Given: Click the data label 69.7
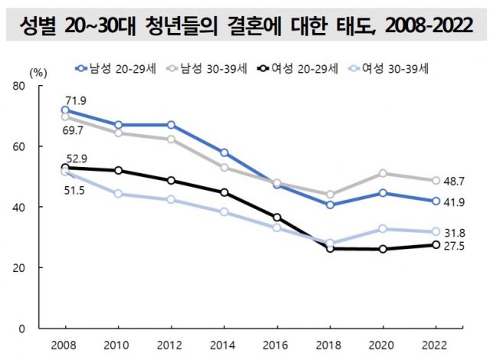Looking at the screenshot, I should (76, 131).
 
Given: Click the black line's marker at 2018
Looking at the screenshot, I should (330, 248).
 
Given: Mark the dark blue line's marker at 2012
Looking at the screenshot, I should (171, 125).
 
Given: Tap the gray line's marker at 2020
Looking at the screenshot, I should (383, 173).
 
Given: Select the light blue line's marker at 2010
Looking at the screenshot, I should (118, 194).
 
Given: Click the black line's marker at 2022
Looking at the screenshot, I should (436, 245).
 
